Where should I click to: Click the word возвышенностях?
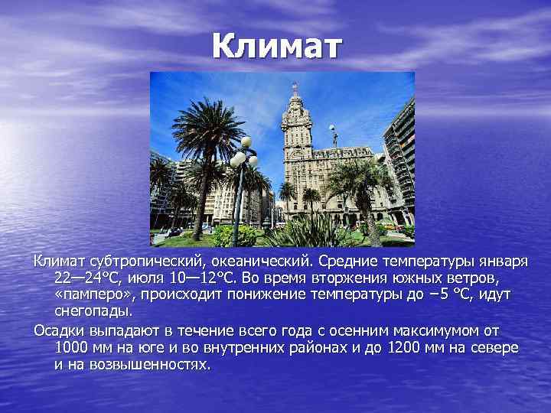pos(155,364)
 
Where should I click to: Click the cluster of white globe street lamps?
pos(243,153)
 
